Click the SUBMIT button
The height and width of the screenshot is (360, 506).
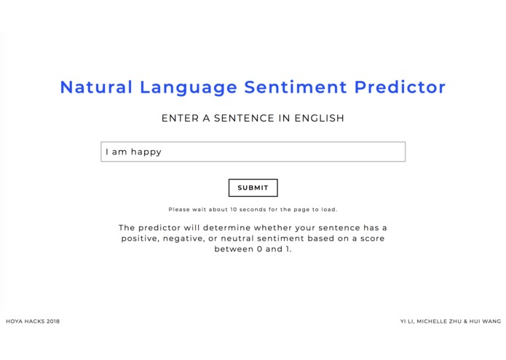click(253, 188)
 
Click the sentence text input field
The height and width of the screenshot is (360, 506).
click(253, 152)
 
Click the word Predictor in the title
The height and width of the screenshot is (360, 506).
click(400, 87)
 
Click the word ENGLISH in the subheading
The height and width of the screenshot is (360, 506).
click(319, 118)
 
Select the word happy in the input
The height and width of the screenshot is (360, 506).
click(146, 152)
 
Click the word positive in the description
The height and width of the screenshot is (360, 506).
click(140, 238)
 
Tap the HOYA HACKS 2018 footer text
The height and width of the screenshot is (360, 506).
click(33, 321)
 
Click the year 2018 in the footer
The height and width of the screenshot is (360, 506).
click(52, 321)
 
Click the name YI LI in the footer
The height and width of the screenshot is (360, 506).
click(406, 321)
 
